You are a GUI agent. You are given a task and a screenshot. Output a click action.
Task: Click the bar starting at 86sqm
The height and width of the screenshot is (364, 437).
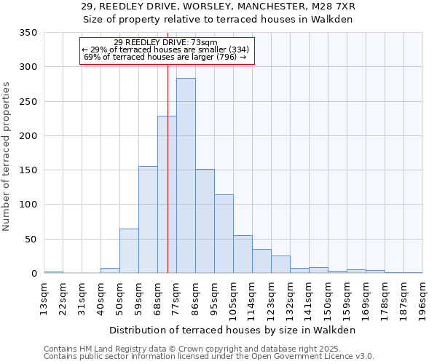[205, 221]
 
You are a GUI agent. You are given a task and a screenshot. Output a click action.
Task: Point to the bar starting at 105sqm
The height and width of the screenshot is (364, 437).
[243, 254]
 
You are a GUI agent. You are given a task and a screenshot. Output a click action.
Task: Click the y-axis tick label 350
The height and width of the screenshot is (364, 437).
[28, 33]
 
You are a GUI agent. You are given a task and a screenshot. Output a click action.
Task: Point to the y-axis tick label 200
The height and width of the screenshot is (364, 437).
[28, 136]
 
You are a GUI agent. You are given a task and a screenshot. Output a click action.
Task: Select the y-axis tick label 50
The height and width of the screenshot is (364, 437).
[31, 240]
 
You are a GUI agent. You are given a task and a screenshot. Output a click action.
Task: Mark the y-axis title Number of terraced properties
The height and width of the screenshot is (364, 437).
[7, 157]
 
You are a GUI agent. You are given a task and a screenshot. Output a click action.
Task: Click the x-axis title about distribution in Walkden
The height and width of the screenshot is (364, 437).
[233, 330]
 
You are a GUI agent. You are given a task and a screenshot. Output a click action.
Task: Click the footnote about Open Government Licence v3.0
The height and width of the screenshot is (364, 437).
[209, 356]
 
